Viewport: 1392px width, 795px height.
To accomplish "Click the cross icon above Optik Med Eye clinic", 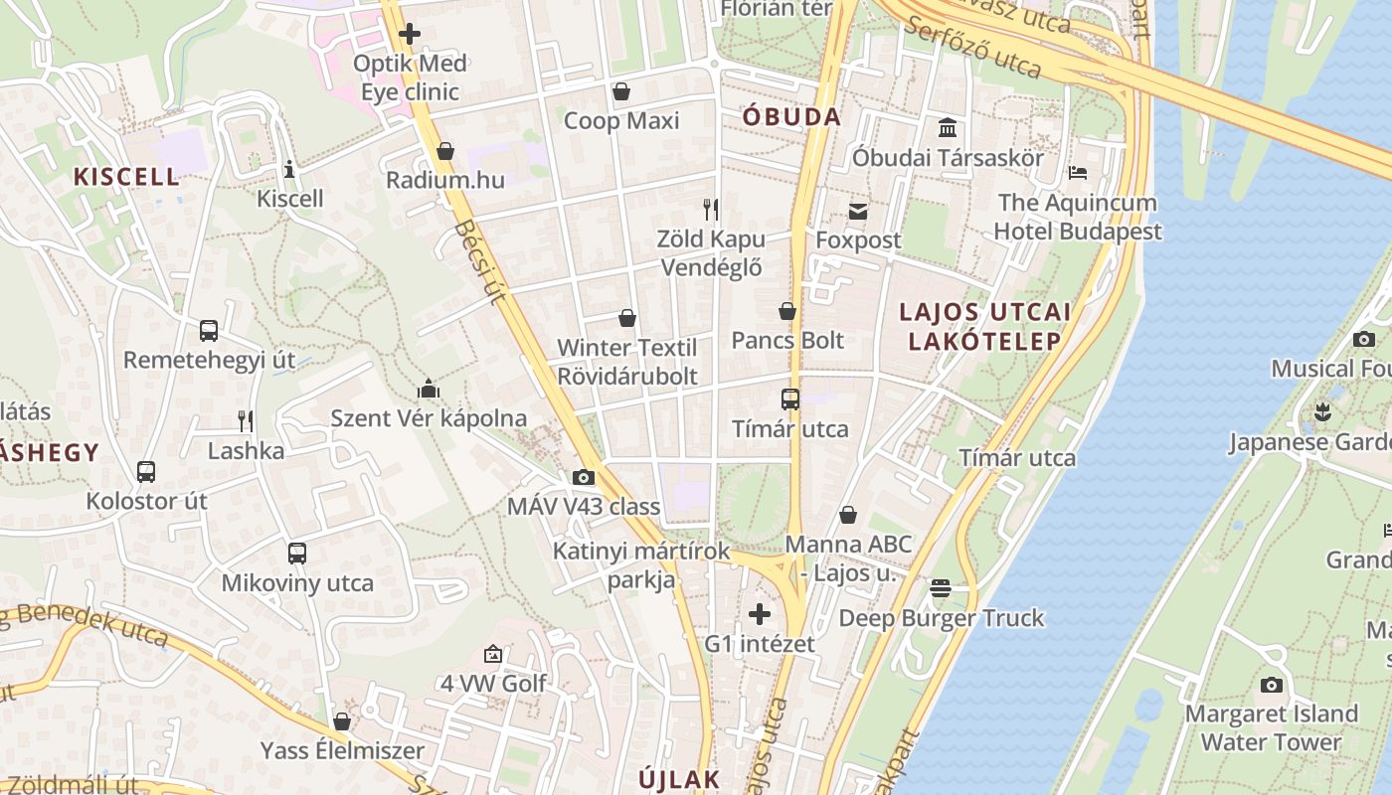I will point(409,34).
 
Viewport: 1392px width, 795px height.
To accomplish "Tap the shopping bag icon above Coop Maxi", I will point(621,91).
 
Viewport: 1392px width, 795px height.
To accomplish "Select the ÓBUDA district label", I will point(791,116).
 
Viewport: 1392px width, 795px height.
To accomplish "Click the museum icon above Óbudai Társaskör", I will point(948,128).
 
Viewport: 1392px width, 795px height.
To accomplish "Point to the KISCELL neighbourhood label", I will point(127,177).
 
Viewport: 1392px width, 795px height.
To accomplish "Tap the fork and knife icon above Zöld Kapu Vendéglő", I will point(711,209).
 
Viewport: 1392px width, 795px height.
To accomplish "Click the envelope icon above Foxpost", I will point(858,211).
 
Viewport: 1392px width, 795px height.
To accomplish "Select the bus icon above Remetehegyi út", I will point(209,330).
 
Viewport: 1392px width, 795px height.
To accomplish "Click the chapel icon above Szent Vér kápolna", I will point(429,388).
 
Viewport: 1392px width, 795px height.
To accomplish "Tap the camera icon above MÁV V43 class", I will point(584,477).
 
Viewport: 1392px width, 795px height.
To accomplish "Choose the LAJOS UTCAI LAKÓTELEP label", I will point(984,326).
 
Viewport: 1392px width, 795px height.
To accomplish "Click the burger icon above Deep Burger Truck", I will point(941,588).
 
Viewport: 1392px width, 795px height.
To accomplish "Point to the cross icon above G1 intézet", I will point(760,614).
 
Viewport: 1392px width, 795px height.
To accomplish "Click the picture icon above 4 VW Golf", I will point(493,654).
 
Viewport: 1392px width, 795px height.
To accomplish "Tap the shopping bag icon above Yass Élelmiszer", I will point(342,720).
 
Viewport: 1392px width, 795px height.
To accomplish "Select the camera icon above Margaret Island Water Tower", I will point(1271,685).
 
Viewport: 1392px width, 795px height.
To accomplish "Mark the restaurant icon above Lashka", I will point(246,421).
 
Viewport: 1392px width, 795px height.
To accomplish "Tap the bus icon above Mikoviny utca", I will point(297,554).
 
